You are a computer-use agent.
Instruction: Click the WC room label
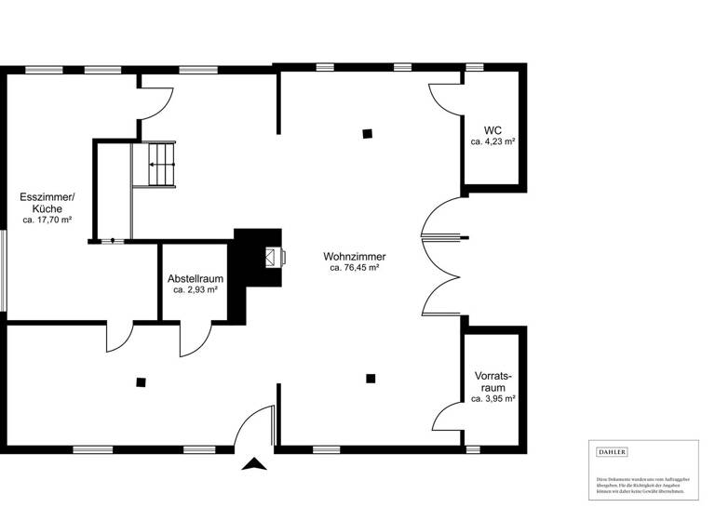coord(492,130)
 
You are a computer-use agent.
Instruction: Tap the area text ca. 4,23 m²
coord(492,142)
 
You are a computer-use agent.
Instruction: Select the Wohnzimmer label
coord(354,256)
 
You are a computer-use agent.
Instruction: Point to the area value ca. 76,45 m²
coord(354,268)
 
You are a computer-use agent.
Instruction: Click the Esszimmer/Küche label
coord(47,203)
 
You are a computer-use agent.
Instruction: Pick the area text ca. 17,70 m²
coord(47,220)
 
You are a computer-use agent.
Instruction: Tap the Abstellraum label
coord(196,278)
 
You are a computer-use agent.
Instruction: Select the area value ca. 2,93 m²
coord(196,290)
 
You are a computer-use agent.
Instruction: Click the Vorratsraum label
coord(492,381)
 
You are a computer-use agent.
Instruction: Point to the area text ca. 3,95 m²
coord(492,398)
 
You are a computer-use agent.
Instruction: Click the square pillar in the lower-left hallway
coord(141,381)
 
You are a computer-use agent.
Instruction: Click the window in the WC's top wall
coord(475,67)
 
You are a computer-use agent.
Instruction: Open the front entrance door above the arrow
coord(256,428)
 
